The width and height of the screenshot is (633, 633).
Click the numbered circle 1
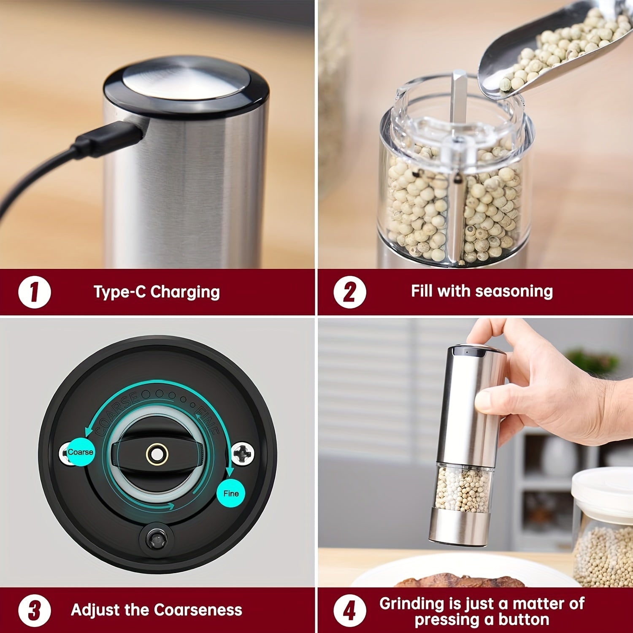point(35,292)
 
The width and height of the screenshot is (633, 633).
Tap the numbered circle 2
point(350,292)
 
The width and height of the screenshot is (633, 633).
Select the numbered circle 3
point(35,611)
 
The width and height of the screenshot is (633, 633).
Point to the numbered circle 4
point(350,611)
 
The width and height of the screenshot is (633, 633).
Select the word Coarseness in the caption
point(198,610)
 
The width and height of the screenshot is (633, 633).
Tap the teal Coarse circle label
point(80,452)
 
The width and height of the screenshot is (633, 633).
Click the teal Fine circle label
point(231,493)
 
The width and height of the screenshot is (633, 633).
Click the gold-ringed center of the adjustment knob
point(157,454)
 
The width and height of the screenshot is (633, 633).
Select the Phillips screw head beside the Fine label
point(243,454)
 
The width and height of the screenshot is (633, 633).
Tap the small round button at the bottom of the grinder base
point(153,539)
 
